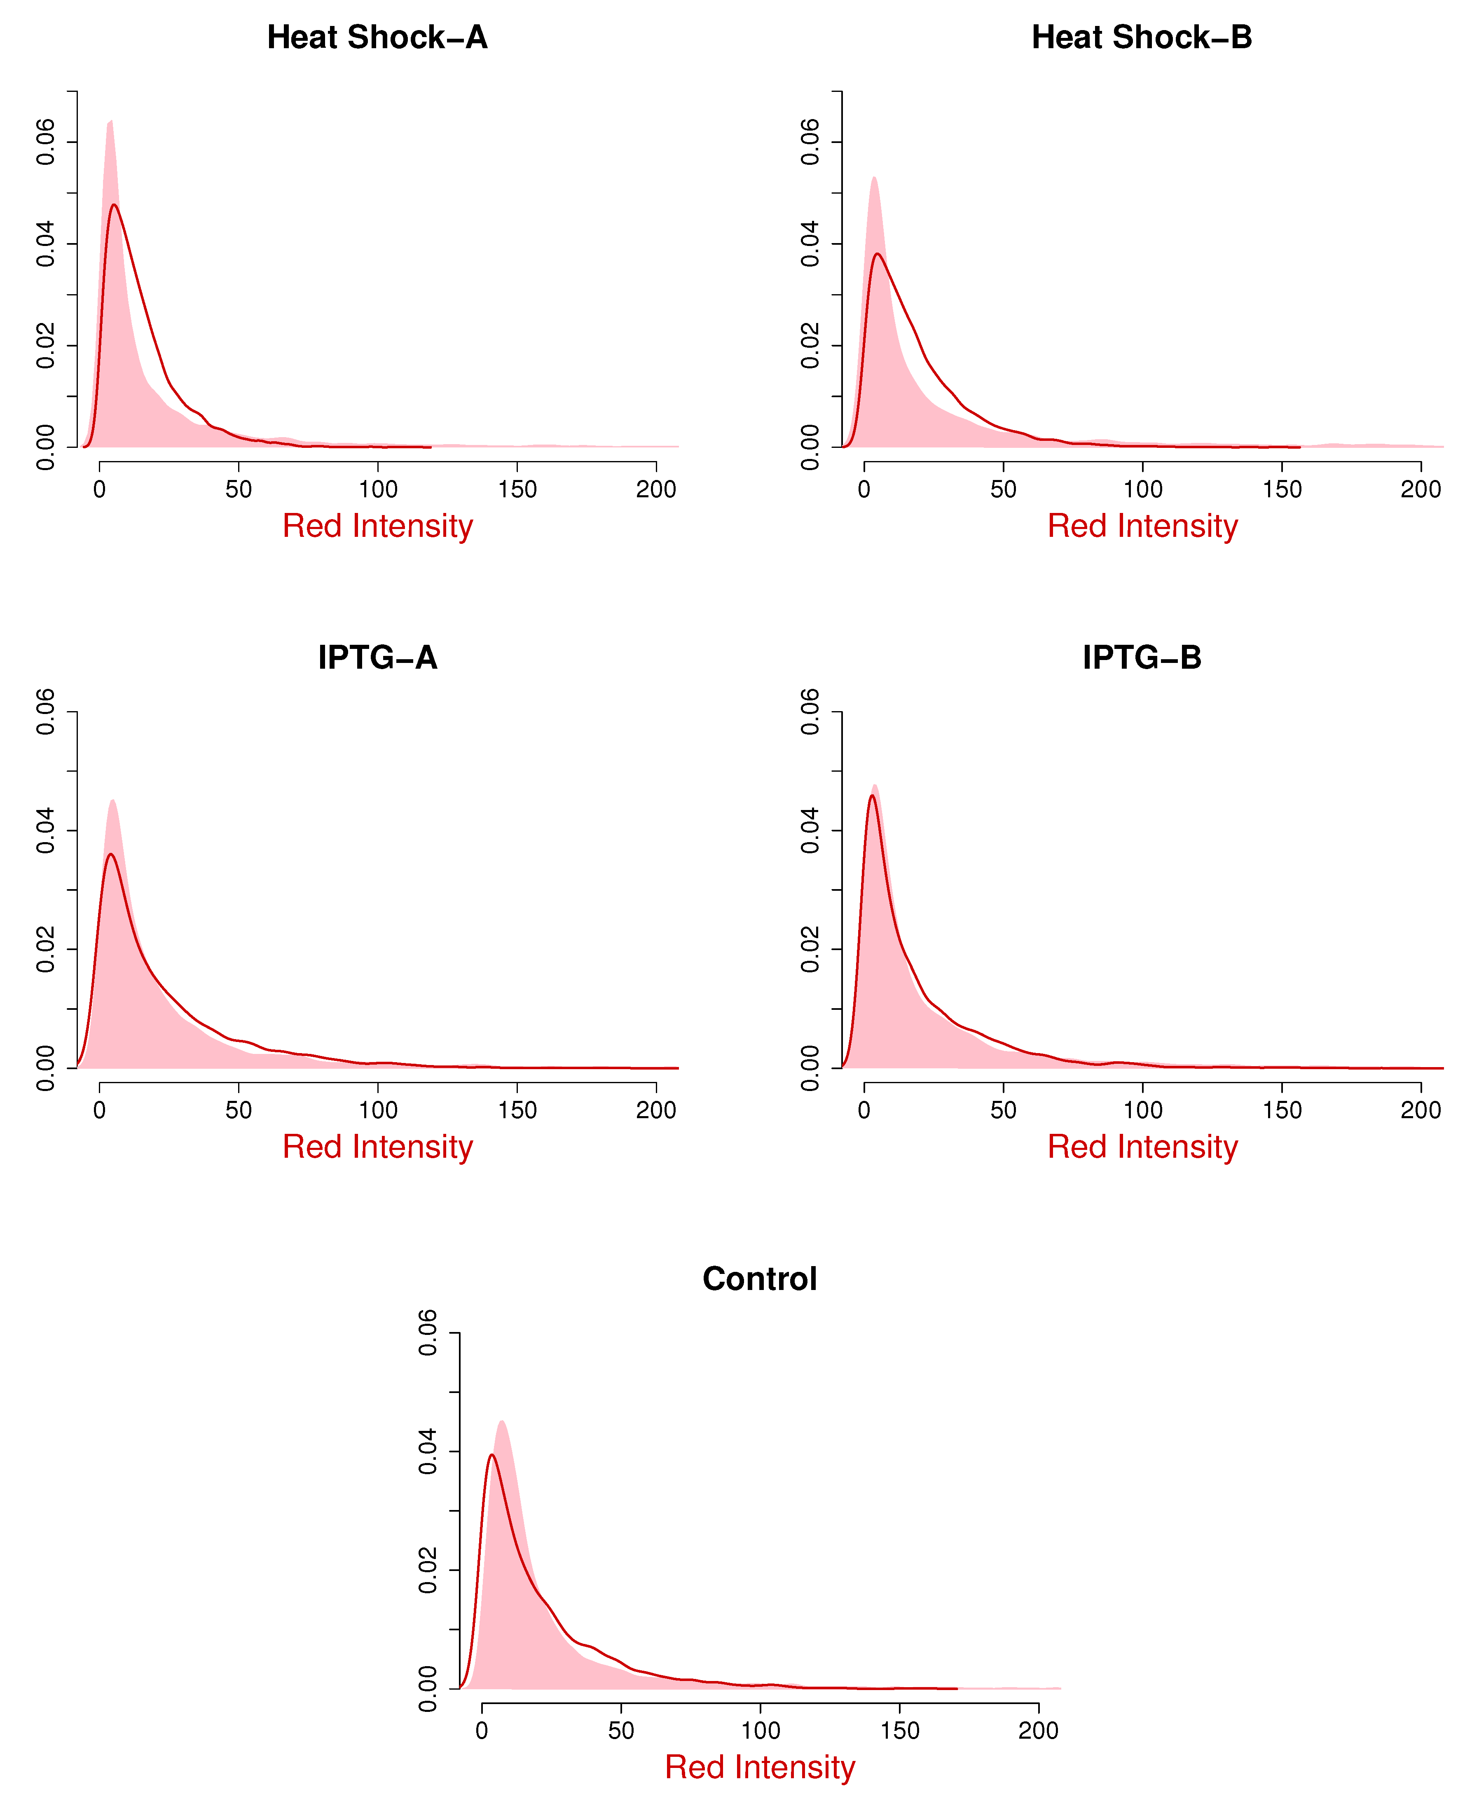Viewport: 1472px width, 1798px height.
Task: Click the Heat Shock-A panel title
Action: (377, 37)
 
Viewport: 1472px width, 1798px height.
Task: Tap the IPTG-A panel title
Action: (377, 658)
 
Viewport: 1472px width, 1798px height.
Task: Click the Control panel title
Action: (760, 1279)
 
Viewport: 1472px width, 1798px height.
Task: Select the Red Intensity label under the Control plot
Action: (760, 1768)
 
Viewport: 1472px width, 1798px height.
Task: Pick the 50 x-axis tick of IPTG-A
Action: (239, 1110)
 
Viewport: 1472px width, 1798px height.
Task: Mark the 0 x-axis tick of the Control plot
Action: (482, 1731)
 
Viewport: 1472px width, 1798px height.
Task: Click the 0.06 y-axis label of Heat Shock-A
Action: (46, 142)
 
